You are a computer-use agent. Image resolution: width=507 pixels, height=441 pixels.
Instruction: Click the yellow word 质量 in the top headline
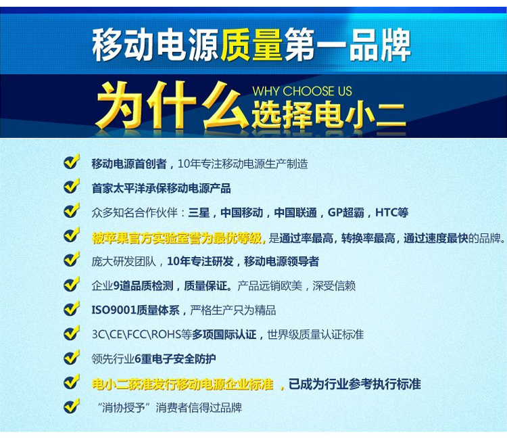click(251, 45)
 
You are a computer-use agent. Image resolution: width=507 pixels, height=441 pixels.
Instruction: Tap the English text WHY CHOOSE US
click(302, 91)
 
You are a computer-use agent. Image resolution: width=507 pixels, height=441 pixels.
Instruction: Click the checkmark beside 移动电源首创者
click(72, 162)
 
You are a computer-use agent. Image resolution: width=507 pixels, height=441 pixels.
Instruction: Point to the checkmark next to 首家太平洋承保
click(72, 186)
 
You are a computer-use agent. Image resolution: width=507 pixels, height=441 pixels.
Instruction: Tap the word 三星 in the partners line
click(199, 212)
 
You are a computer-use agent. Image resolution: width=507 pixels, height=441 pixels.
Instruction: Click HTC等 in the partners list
click(391, 212)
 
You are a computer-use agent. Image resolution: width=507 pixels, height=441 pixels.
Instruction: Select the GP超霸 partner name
click(345, 212)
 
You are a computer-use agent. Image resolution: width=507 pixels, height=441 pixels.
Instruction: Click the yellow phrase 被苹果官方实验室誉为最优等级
click(178, 238)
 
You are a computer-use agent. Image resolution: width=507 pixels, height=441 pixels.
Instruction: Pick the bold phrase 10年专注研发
click(200, 262)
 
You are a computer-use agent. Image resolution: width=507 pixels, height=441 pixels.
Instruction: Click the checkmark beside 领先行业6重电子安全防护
click(72, 357)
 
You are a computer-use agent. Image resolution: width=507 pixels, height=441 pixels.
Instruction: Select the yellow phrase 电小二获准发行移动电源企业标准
click(183, 384)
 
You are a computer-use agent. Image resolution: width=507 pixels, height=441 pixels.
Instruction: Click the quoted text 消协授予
click(123, 407)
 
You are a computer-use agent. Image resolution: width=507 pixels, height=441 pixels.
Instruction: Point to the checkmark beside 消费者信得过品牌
click(72, 406)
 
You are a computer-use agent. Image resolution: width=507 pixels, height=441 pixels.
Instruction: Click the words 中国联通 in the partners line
click(295, 212)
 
